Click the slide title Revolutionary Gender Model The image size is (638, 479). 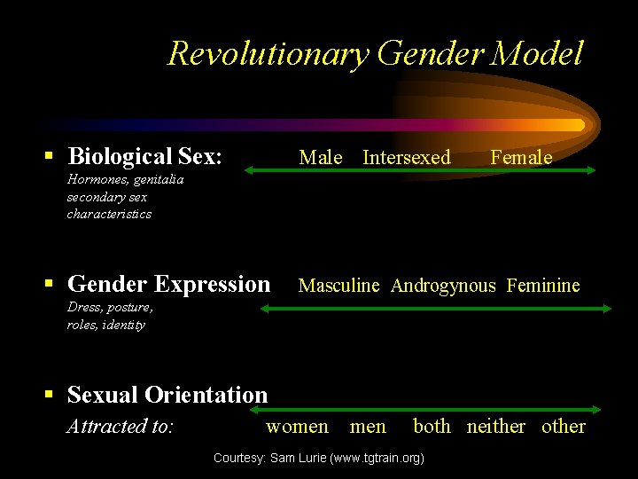[x=375, y=53]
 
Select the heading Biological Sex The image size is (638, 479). [x=144, y=157]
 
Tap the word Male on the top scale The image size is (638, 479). [x=321, y=158]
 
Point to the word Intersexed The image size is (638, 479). [x=407, y=158]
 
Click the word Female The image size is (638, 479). [x=521, y=158]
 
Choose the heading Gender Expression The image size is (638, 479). [x=168, y=284]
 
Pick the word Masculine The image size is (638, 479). [x=338, y=286]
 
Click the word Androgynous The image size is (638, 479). [x=443, y=286]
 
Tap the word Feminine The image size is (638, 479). [x=543, y=286]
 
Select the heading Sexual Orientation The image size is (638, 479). [x=167, y=395]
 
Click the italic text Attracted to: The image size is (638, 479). [x=120, y=427]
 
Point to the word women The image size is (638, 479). [x=297, y=427]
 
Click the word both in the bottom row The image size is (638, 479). [x=432, y=427]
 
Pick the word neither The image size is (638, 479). [x=495, y=427]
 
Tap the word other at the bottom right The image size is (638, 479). [x=564, y=427]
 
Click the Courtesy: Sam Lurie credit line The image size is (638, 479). [x=319, y=458]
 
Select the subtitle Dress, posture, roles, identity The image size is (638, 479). [x=110, y=316]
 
